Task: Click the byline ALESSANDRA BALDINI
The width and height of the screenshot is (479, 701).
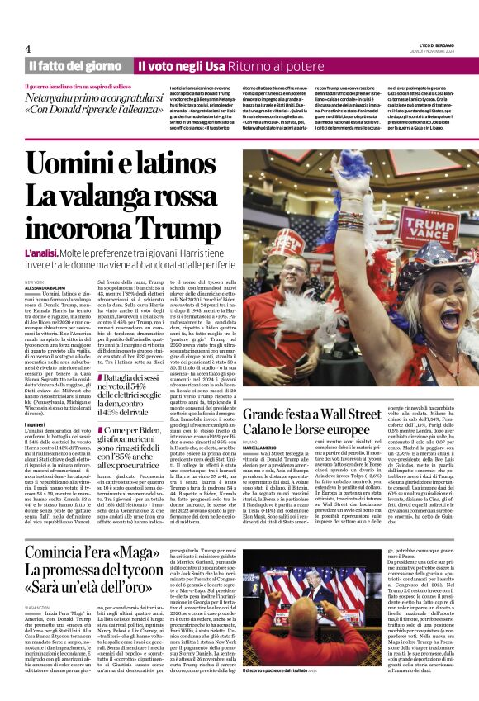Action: [x=48, y=288]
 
